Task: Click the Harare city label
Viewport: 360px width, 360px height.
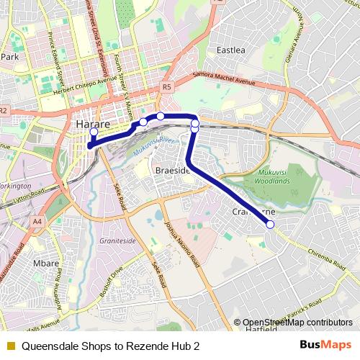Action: point(93,125)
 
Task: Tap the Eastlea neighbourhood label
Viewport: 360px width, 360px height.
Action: point(231,50)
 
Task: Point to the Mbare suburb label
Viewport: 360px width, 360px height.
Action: point(46,264)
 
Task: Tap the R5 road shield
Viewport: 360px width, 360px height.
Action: point(167,87)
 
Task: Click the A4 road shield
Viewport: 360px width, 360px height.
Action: point(37,222)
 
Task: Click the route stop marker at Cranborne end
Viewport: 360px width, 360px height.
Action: point(271,225)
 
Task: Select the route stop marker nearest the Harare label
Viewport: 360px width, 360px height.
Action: point(94,132)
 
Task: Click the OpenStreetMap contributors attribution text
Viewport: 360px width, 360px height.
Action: point(297,323)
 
